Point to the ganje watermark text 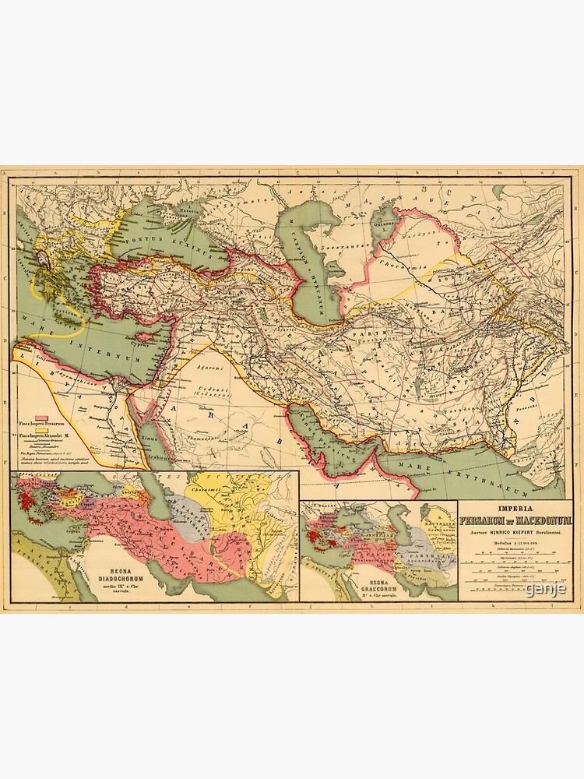coord(545,589)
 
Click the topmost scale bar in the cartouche coord(515,553)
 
